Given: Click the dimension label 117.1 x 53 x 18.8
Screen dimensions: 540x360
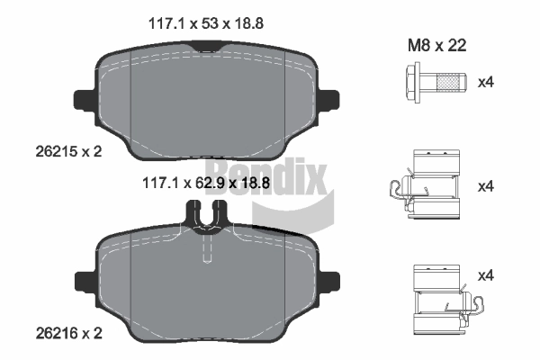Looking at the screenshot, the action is pyautogui.click(x=206, y=23).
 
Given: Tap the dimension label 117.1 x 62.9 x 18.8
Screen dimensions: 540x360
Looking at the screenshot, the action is pyautogui.click(x=206, y=183).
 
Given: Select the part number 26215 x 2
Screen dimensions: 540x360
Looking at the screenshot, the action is pyautogui.click(x=69, y=151).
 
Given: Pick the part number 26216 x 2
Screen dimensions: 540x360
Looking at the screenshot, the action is pyautogui.click(x=69, y=333).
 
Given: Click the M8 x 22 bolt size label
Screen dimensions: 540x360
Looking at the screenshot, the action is pyautogui.click(x=437, y=46).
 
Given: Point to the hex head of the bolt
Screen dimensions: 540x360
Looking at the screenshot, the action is pyautogui.click(x=413, y=83).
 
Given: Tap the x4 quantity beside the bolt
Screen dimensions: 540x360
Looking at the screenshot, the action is pyautogui.click(x=486, y=82).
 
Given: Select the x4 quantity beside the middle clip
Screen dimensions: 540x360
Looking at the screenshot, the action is pyautogui.click(x=486, y=186).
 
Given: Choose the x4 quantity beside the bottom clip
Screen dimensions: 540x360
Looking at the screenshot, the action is pyautogui.click(x=486, y=275).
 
